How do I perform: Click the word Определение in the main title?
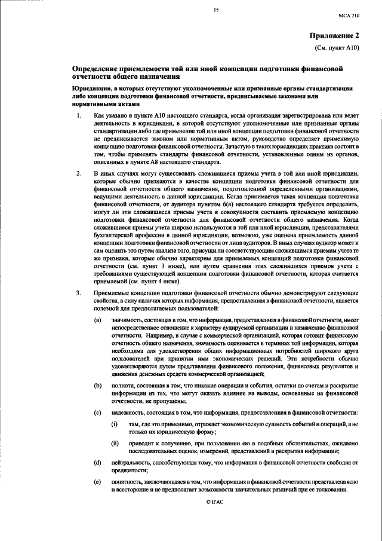97,69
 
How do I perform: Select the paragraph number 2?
78,173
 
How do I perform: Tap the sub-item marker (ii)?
115,443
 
